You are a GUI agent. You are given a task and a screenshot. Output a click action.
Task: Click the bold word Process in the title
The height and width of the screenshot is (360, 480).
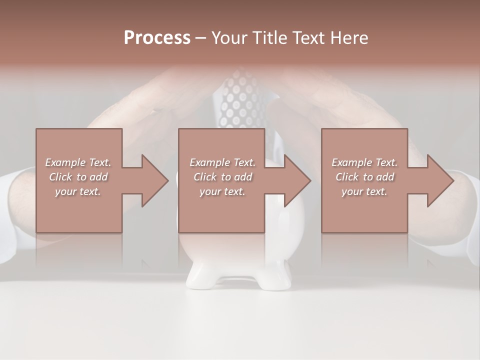[x=157, y=38]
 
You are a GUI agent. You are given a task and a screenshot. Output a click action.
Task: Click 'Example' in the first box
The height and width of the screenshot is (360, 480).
[x=65, y=162]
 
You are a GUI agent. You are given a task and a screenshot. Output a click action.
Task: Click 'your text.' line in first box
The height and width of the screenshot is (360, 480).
[x=78, y=191]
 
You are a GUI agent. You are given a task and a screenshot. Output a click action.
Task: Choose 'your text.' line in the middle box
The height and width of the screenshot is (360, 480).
[x=222, y=191]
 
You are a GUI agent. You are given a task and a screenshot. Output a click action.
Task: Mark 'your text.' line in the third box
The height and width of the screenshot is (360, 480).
[x=364, y=191]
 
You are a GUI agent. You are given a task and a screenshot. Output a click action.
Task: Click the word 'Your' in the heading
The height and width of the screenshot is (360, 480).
[x=229, y=38]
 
